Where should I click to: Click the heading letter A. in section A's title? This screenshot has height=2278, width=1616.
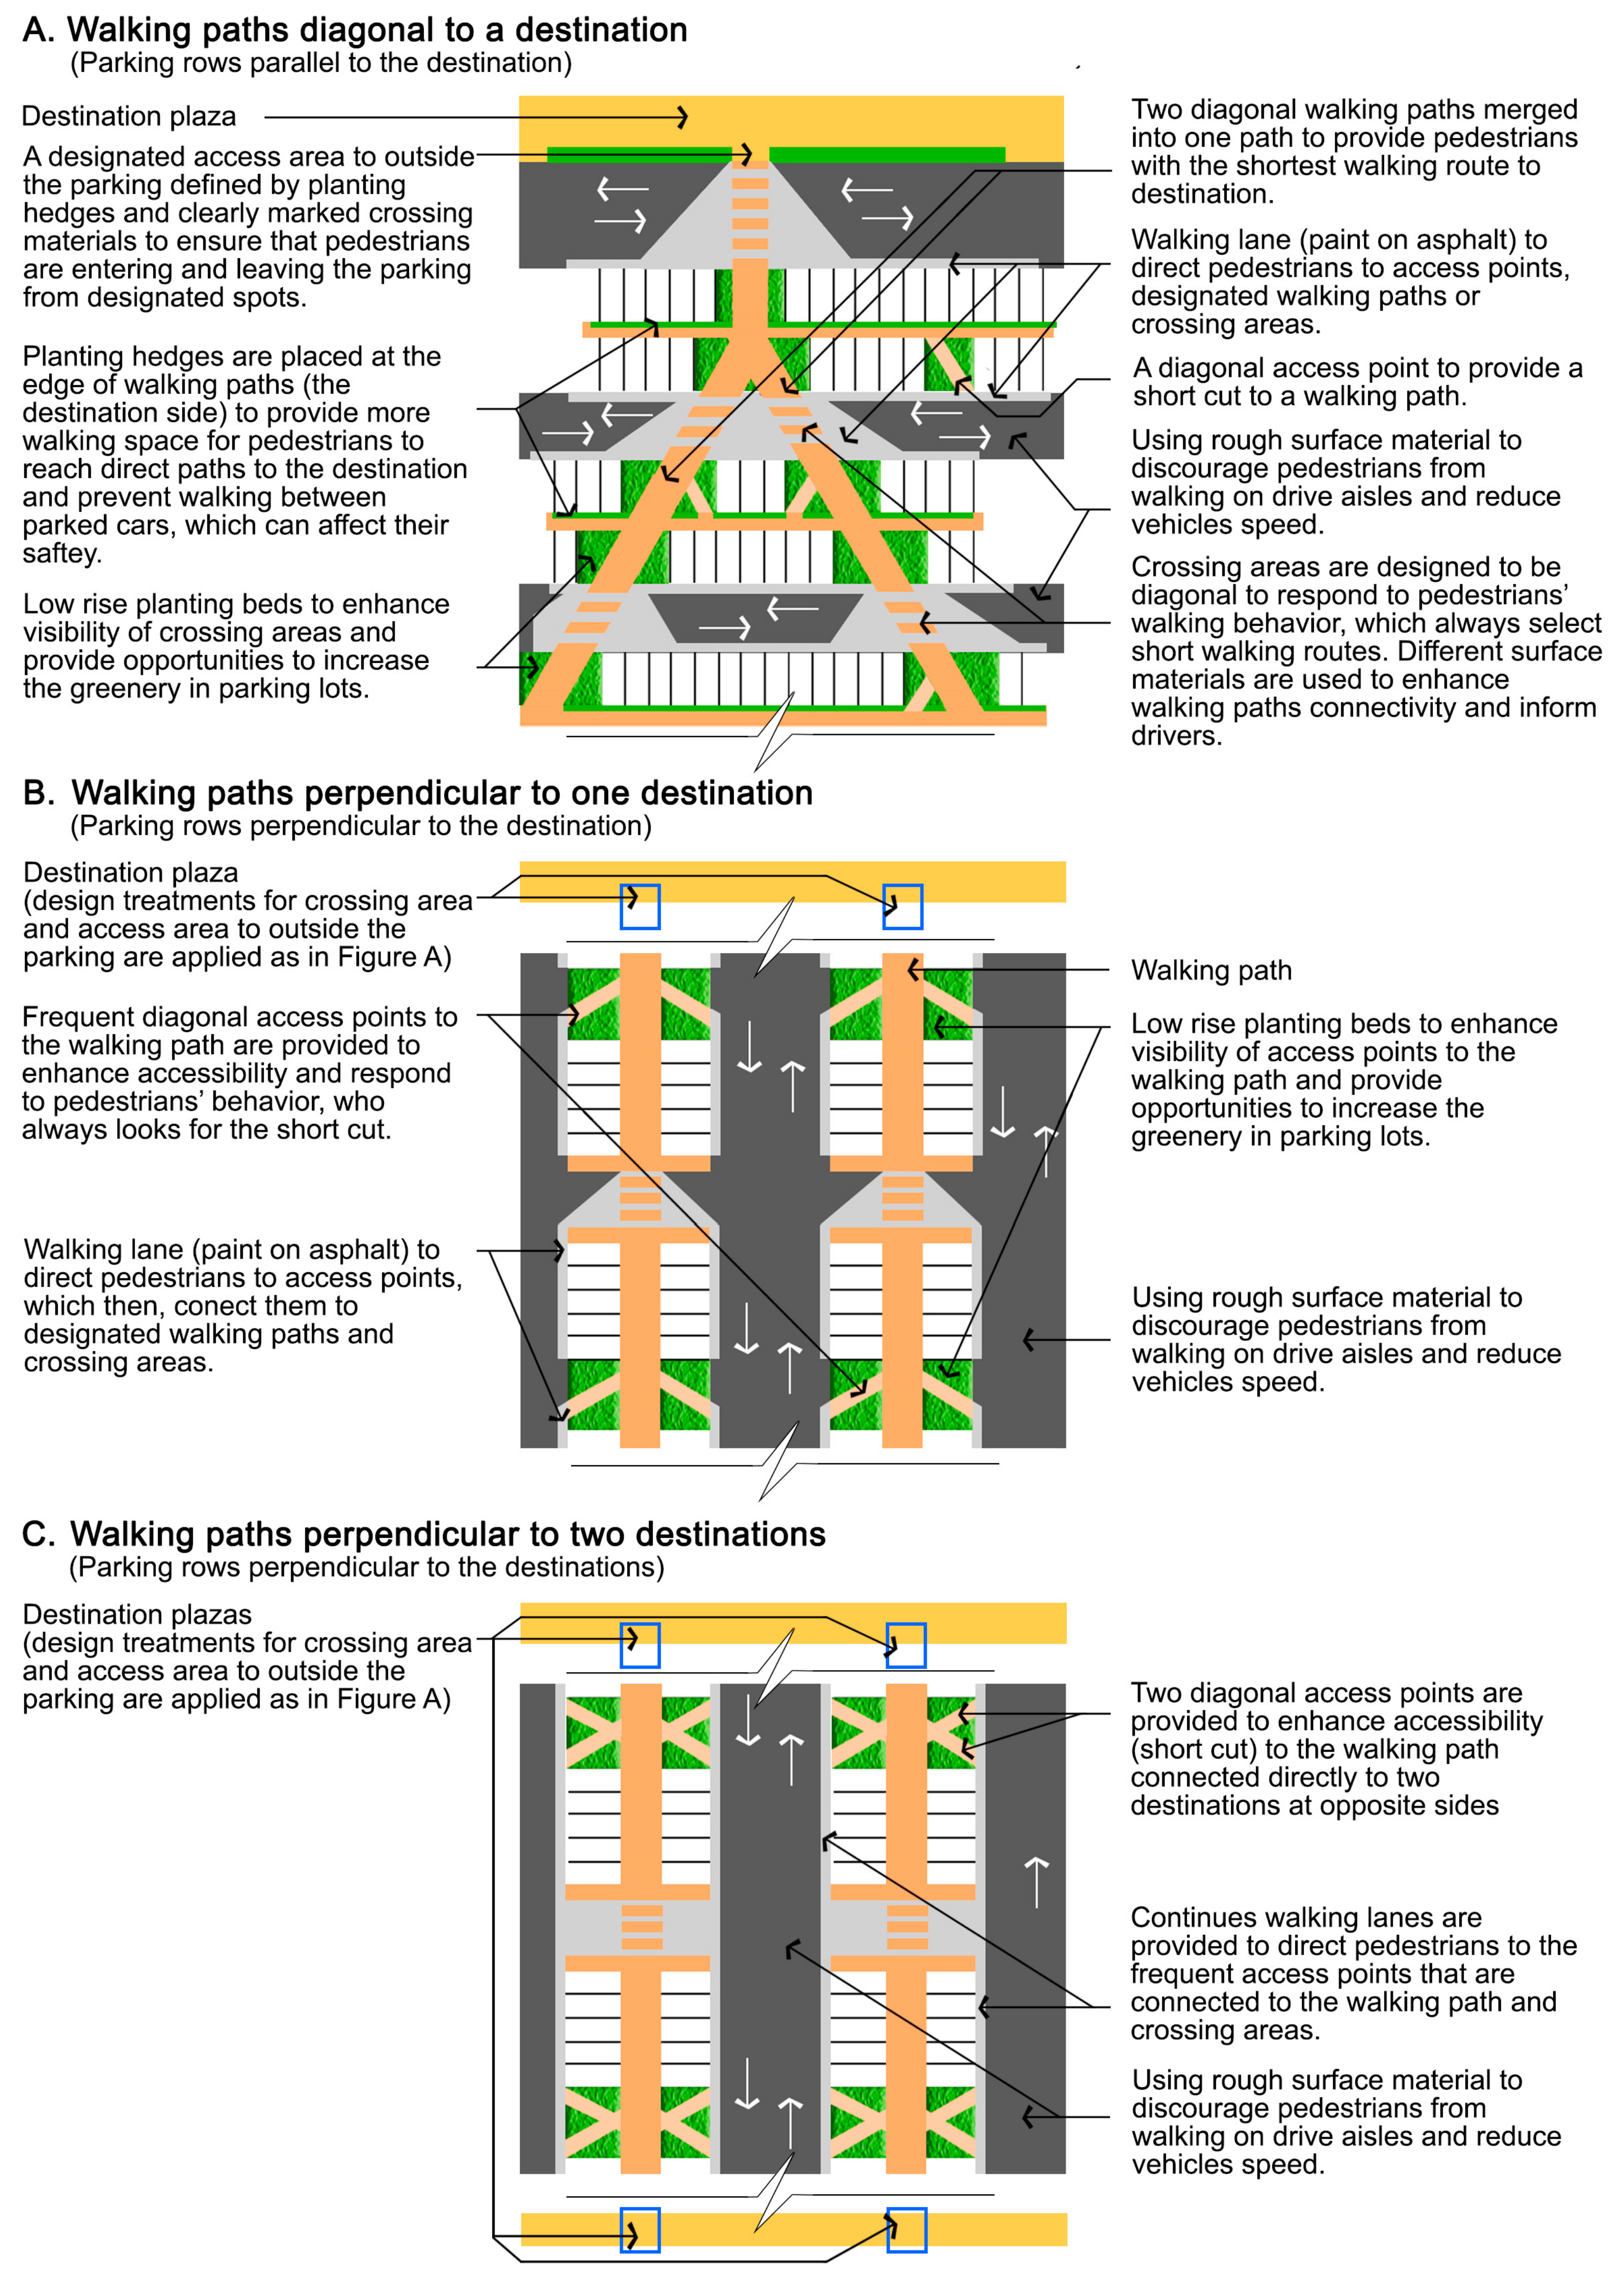[x=38, y=30]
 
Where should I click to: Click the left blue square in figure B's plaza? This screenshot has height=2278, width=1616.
[x=640, y=906]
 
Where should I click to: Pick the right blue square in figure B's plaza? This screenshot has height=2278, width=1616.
[x=902, y=906]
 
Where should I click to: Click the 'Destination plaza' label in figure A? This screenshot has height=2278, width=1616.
[x=128, y=117]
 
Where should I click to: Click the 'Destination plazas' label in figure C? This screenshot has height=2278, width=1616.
[x=136, y=1614]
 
